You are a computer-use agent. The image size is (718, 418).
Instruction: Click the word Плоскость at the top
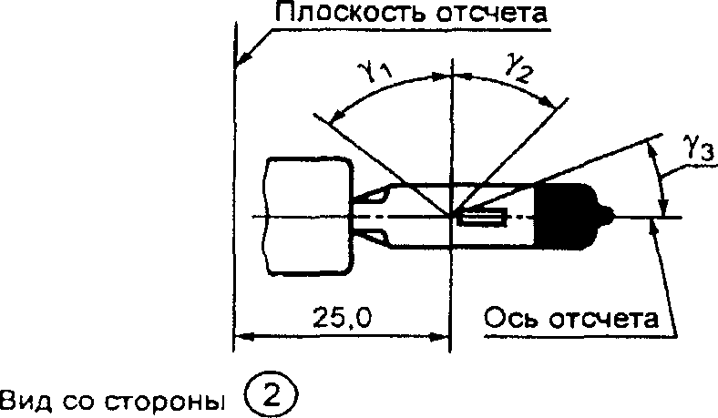[x=350, y=13]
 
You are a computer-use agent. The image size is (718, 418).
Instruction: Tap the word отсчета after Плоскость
[x=491, y=14]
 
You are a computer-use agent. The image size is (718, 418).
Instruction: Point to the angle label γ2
[x=518, y=67]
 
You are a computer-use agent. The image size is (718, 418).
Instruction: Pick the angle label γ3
[x=699, y=148]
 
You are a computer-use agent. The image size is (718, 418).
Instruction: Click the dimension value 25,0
[x=342, y=317]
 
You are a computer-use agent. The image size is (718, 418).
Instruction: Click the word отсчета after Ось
[x=603, y=319]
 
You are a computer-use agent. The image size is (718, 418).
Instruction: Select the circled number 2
[x=272, y=395]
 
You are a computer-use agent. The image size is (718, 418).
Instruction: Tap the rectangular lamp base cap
[x=309, y=216]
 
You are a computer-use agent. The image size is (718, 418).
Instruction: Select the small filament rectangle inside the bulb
[x=484, y=217]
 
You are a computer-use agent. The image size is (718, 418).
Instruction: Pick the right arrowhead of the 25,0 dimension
[x=438, y=338]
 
